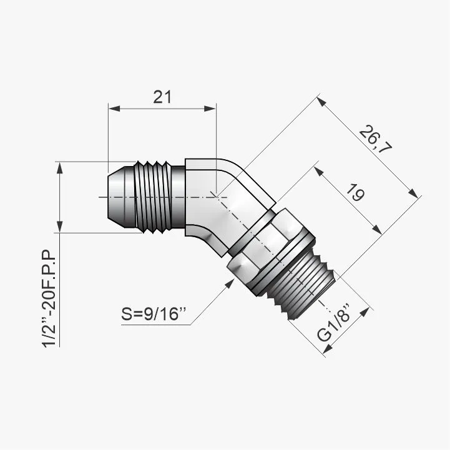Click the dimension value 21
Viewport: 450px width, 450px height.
162,97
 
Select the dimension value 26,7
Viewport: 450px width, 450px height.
375,139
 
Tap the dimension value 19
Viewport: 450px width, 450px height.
355,192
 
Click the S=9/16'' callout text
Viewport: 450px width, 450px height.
154,314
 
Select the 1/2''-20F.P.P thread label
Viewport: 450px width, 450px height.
48,299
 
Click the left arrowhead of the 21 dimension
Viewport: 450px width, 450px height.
114,109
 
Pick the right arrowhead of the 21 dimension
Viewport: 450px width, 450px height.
210,109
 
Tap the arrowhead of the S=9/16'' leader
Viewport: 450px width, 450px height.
230,283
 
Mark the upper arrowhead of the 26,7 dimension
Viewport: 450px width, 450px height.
322,102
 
